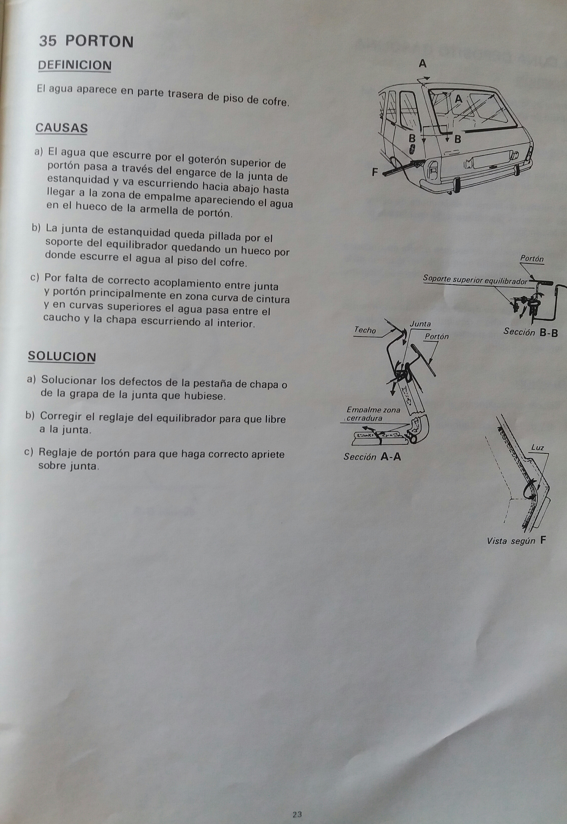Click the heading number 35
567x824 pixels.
(48, 41)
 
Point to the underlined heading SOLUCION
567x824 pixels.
(62, 356)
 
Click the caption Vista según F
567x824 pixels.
(516, 541)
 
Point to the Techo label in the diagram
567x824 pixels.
(365, 330)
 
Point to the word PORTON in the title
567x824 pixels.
(100, 42)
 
